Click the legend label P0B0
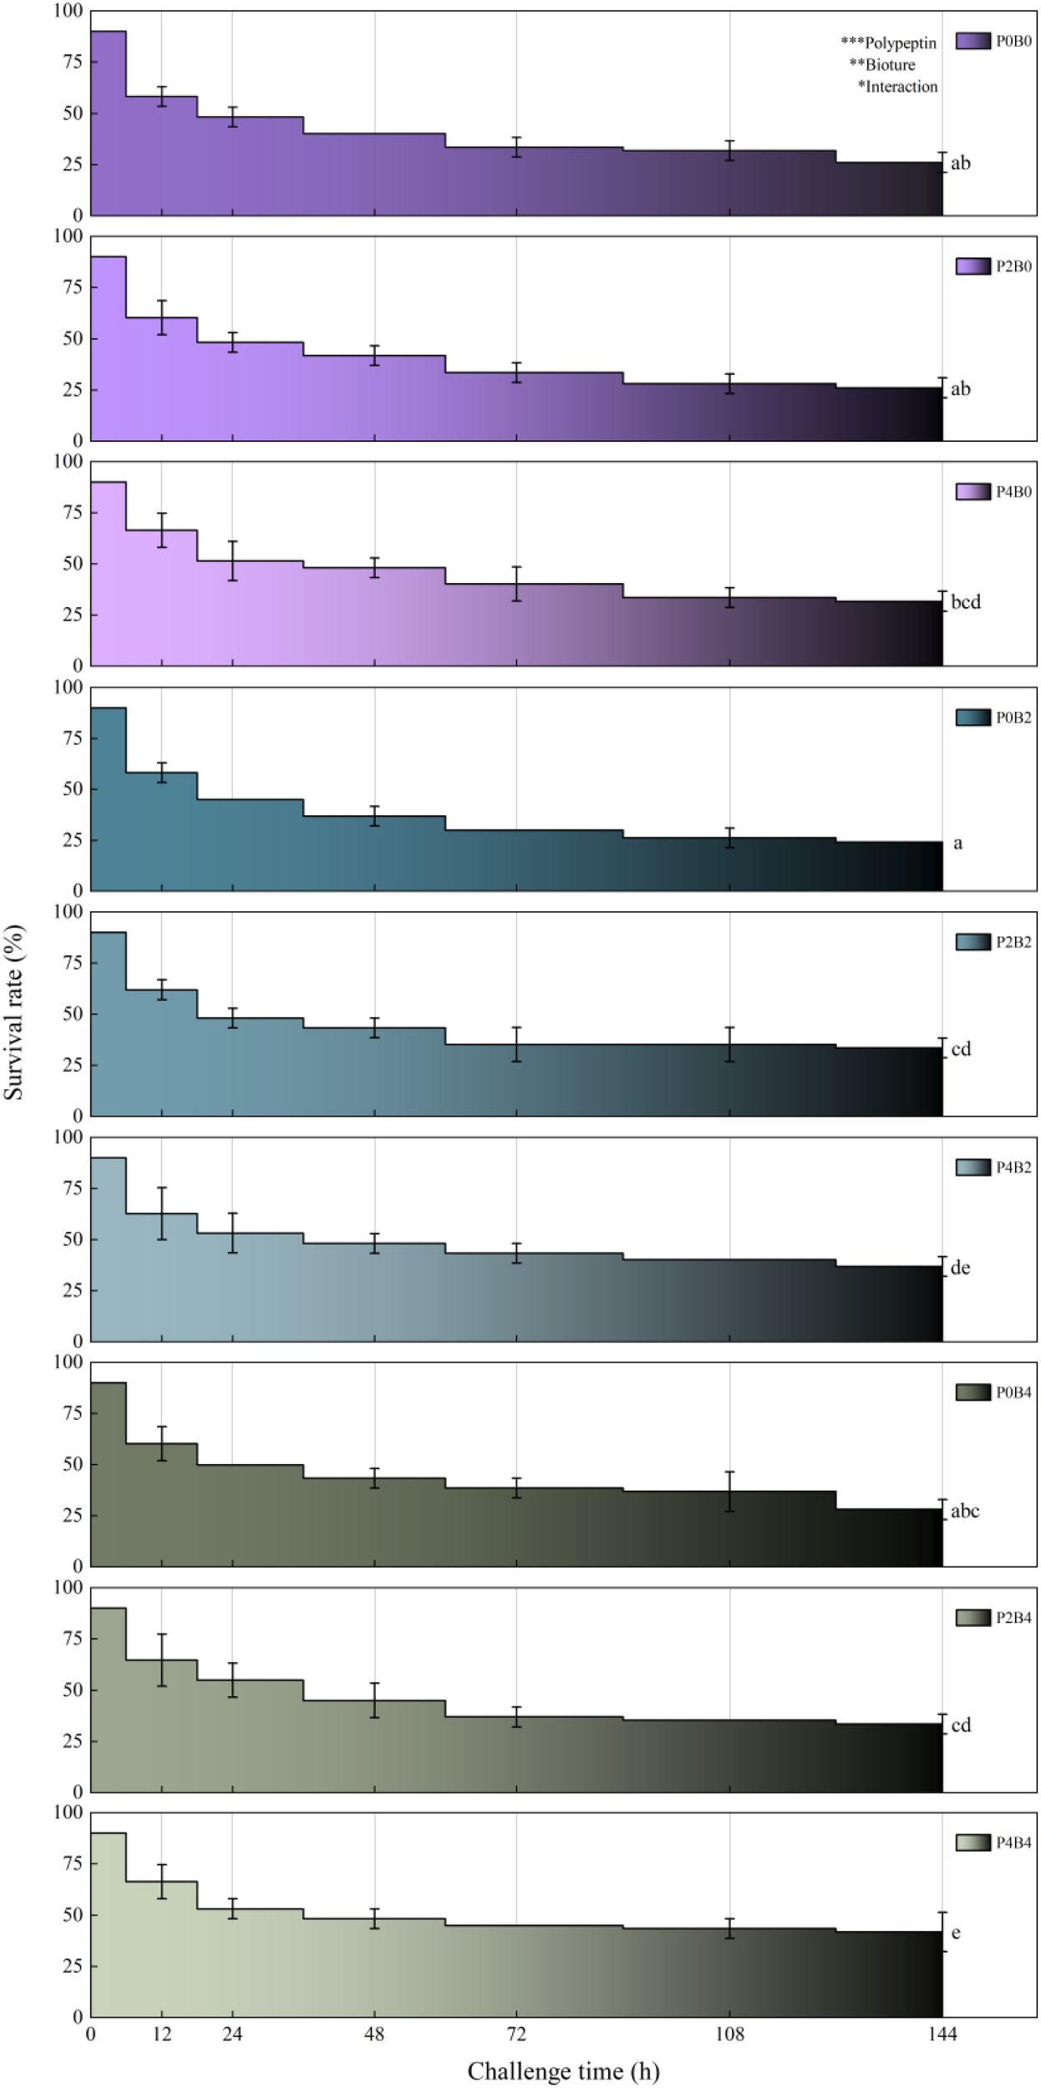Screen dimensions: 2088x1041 coord(1013,41)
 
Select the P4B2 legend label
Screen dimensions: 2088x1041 coord(1013,1167)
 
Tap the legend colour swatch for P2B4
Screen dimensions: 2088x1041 coord(972,1618)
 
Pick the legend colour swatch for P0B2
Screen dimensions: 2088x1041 coord(972,717)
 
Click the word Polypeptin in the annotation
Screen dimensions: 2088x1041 coord(901,43)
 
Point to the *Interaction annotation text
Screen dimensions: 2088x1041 coord(898,86)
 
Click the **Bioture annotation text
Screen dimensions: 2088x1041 coord(882,64)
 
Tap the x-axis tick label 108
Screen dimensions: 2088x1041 coord(729,2035)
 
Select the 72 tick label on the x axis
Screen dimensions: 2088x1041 coord(516,2035)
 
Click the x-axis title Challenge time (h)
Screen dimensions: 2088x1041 coord(563,2071)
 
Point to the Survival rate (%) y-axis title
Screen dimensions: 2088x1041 coord(14,1011)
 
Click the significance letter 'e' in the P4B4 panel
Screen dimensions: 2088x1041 coord(956,1933)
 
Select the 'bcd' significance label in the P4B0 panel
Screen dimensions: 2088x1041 coord(965,602)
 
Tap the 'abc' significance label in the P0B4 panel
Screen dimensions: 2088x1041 coord(964,1511)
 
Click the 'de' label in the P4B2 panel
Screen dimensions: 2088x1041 coord(960,1268)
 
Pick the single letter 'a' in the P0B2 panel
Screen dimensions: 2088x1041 coord(957,844)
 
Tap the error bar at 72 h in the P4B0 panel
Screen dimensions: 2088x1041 coord(516,584)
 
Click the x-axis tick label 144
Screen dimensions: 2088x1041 coord(942,2035)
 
